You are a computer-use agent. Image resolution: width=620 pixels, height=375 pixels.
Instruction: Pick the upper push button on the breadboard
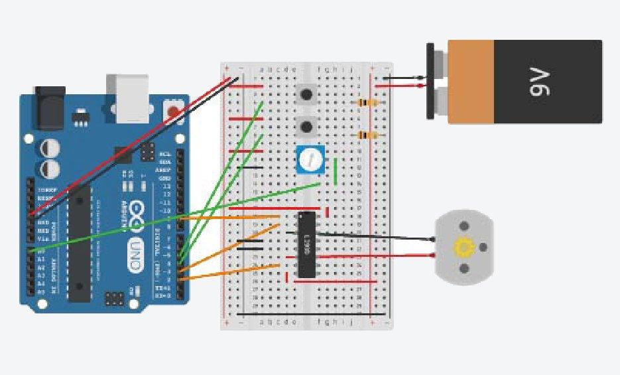pos(306,94)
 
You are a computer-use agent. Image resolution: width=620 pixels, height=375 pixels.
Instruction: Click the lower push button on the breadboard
pos(306,126)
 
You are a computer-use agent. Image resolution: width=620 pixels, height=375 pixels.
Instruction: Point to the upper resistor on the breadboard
pos(367,103)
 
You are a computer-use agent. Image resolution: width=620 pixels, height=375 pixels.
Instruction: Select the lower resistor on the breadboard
pos(367,135)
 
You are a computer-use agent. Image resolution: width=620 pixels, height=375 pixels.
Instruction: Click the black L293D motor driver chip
pos(306,244)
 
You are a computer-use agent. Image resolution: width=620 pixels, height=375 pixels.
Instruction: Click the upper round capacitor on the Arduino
pos(49,147)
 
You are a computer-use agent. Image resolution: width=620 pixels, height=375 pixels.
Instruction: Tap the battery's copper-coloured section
pos(471,81)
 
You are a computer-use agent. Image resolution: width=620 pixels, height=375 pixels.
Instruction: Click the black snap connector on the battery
pos(430,81)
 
